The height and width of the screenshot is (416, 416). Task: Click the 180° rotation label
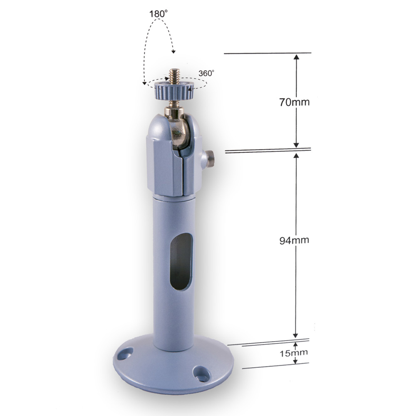pyautogui.click(x=158, y=13)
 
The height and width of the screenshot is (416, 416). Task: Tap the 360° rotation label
pyautogui.click(x=206, y=73)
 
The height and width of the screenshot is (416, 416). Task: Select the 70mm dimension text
pyautogui.click(x=294, y=102)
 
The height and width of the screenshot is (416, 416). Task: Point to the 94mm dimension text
pyautogui.click(x=294, y=240)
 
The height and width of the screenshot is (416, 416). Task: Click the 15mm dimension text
pyautogui.click(x=294, y=353)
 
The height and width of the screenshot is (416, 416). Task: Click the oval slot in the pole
pyautogui.click(x=181, y=261)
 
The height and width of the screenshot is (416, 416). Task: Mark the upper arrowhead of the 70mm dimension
pyautogui.click(x=296, y=58)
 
